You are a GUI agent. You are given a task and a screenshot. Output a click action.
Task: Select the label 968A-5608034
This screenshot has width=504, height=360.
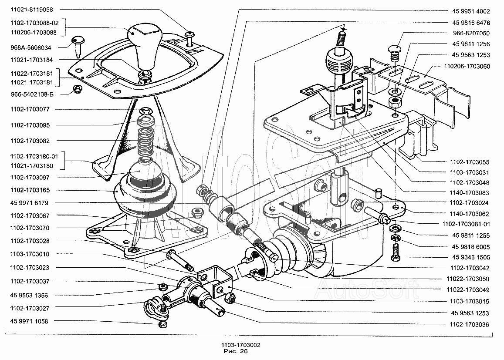[x=30, y=47]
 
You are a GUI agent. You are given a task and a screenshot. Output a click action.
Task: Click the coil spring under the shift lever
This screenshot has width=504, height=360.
[x=145, y=138]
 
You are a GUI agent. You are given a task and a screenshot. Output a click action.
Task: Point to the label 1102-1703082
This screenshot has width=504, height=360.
[x=30, y=141]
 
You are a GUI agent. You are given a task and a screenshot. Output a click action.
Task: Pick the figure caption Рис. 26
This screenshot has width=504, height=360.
[x=235, y=351]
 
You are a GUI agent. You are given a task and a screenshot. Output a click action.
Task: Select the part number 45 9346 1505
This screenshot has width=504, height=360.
[x=471, y=257]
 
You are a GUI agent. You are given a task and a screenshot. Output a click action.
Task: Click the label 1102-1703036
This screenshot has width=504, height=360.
[x=469, y=324]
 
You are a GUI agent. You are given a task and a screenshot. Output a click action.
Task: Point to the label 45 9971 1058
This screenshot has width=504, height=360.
[x=29, y=321]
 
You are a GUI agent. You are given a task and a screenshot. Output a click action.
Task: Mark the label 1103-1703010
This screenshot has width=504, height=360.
[x=30, y=254]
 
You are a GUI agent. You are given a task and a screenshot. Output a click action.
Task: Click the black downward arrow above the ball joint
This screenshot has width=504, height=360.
[x=343, y=27]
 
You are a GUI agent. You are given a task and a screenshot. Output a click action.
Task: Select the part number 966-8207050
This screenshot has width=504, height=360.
[x=471, y=33]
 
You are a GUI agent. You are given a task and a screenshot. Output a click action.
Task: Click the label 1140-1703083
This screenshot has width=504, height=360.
[x=469, y=192]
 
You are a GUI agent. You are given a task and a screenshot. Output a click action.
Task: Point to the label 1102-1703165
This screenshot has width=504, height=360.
[x=30, y=190]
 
